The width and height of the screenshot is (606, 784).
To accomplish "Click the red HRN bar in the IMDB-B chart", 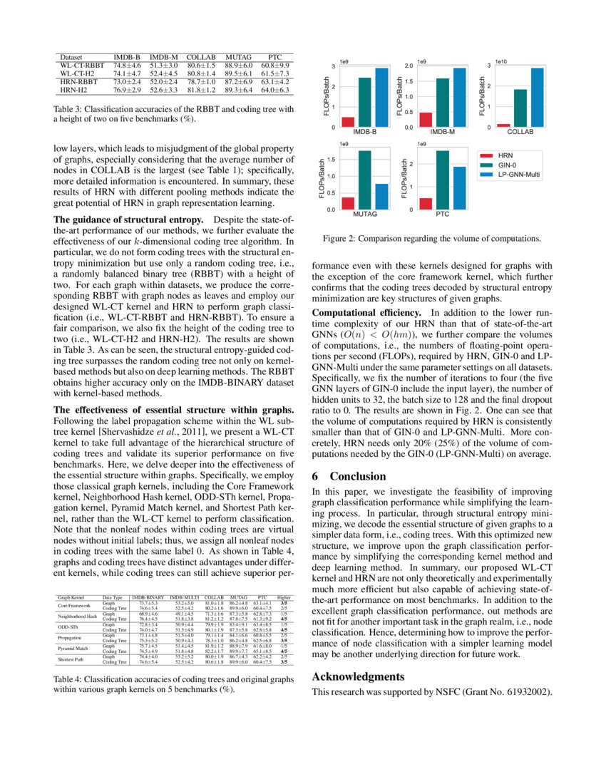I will pyautogui.click(x=348, y=122).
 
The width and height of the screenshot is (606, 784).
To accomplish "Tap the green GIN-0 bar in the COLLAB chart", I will pyautogui.click(x=520, y=108).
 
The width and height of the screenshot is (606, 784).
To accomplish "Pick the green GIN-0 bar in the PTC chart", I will pyautogui.click(x=442, y=180).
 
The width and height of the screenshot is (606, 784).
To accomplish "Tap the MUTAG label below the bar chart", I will pyautogui.click(x=365, y=214).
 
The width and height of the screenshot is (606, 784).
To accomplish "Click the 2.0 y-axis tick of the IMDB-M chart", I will pyautogui.click(x=410, y=66).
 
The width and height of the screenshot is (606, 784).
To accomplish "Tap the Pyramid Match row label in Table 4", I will pyautogui.click(x=73, y=649).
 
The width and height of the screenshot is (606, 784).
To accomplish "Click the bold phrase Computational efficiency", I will pyautogui.click(x=369, y=313).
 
